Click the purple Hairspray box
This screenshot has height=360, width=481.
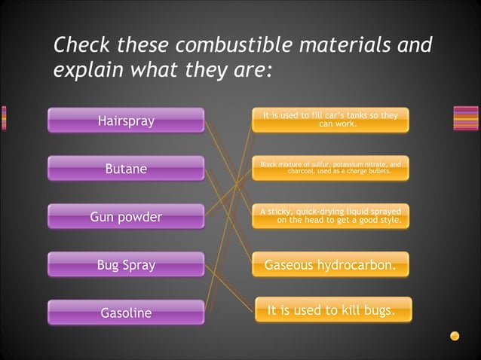pyautogui.click(x=126, y=121)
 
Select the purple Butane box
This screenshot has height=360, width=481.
pyautogui.click(x=126, y=169)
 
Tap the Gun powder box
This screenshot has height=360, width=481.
pyautogui.click(x=126, y=217)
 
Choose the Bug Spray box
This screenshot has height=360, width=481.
pyautogui.click(x=126, y=265)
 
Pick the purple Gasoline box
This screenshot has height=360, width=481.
pyautogui.click(x=126, y=313)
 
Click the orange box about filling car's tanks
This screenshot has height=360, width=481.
pyautogui.click(x=330, y=120)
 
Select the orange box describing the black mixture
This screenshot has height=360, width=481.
pyautogui.click(x=330, y=168)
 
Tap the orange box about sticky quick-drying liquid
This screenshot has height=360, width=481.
pyautogui.click(x=330, y=216)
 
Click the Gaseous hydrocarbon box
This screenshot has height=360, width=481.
pyautogui.click(x=330, y=265)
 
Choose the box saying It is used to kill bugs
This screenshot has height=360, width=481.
pyautogui.click(x=332, y=310)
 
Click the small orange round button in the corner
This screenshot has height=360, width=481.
pyautogui.click(x=455, y=336)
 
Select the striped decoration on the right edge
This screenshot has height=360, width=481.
pyautogui.click(x=465, y=118)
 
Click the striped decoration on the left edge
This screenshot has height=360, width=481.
pyautogui.click(x=4, y=118)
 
